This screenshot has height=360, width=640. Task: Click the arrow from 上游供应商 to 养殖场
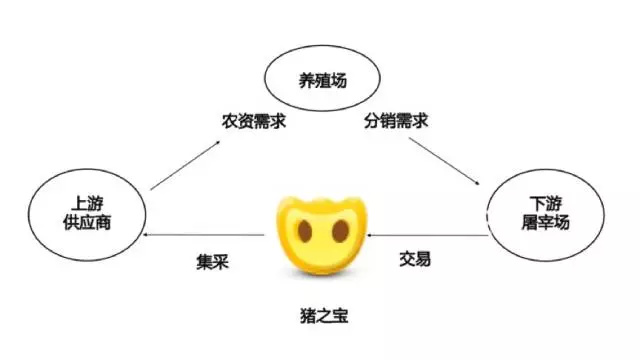click(x=186, y=165)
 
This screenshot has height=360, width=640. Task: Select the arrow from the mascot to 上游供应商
click(x=205, y=235)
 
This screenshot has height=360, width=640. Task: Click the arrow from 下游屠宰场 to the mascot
click(x=428, y=236)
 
